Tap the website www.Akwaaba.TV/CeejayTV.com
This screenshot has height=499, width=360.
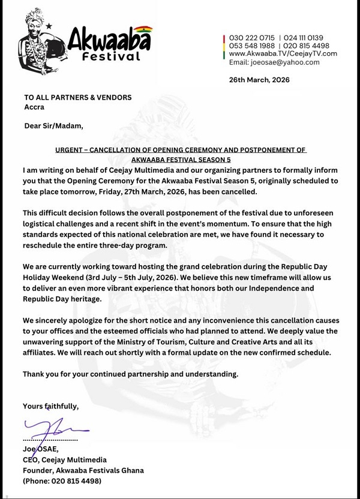(283, 53)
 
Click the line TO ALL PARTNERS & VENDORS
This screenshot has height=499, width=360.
(77, 97)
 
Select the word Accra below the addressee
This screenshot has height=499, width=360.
(34, 107)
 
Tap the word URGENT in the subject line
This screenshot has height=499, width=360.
(69, 149)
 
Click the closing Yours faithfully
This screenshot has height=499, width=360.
(50, 406)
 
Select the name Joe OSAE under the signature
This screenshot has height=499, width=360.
(40, 449)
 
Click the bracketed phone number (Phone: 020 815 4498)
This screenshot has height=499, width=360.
(62, 481)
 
